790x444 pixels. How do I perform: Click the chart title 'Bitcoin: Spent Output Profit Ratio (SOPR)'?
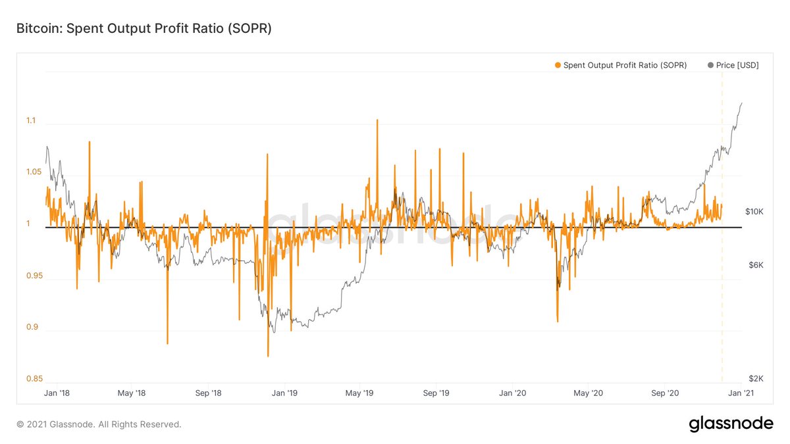pyautogui.click(x=144, y=29)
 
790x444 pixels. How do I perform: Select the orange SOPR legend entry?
pyautogui.click(x=620, y=65)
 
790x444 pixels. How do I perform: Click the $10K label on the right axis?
pyautogui.click(x=754, y=212)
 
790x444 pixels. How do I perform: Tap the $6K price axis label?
pyautogui.click(x=756, y=264)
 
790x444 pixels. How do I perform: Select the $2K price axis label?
pyautogui.click(x=756, y=379)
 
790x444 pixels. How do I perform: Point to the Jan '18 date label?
pyautogui.click(x=56, y=393)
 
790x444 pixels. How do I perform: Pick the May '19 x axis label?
pyautogui.click(x=359, y=393)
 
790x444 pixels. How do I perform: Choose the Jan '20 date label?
pyautogui.click(x=512, y=393)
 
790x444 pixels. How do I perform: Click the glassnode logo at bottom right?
pyautogui.click(x=731, y=424)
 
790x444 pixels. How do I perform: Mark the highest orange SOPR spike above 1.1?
pyautogui.click(x=377, y=120)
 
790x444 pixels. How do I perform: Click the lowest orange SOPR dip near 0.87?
pyautogui.click(x=268, y=356)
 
